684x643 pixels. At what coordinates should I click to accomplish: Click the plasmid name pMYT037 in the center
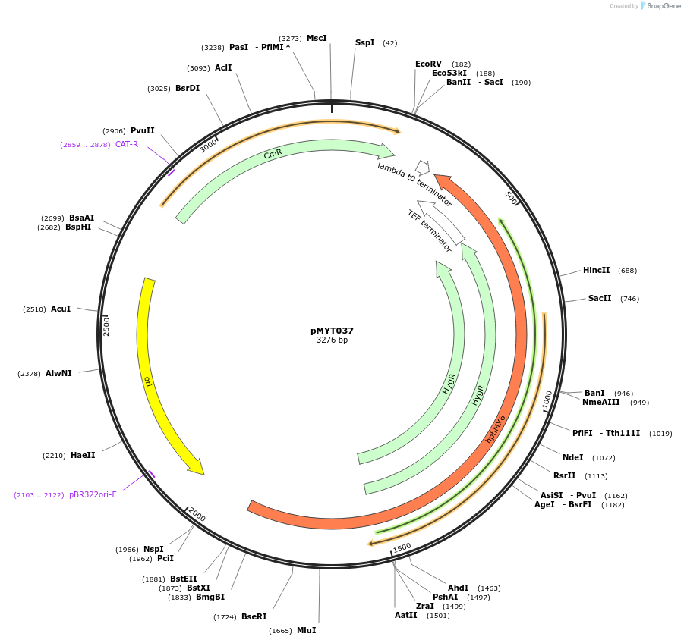click(x=332, y=331)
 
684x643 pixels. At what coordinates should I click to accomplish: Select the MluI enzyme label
click(x=306, y=630)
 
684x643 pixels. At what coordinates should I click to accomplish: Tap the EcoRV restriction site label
click(x=428, y=64)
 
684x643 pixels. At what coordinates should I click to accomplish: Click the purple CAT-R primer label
click(x=127, y=144)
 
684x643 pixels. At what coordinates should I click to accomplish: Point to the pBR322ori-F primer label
click(x=93, y=494)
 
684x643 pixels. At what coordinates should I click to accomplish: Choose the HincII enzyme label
click(x=596, y=270)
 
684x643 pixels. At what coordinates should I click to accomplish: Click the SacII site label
click(x=600, y=298)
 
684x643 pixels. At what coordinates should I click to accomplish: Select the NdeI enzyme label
click(x=573, y=457)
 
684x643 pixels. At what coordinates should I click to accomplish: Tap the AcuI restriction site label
click(x=61, y=309)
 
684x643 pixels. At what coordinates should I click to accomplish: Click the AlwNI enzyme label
click(x=58, y=373)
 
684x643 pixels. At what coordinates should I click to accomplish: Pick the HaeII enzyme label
click(x=83, y=455)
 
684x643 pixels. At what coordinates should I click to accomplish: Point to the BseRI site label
click(x=254, y=616)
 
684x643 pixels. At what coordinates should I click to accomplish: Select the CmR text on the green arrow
click(x=273, y=154)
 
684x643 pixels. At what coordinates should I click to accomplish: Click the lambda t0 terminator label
click(x=414, y=184)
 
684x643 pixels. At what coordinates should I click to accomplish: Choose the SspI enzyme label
click(x=364, y=42)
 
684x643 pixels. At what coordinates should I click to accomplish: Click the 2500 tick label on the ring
click(x=107, y=327)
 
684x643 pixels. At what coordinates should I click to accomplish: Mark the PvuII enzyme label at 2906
click(x=142, y=130)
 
